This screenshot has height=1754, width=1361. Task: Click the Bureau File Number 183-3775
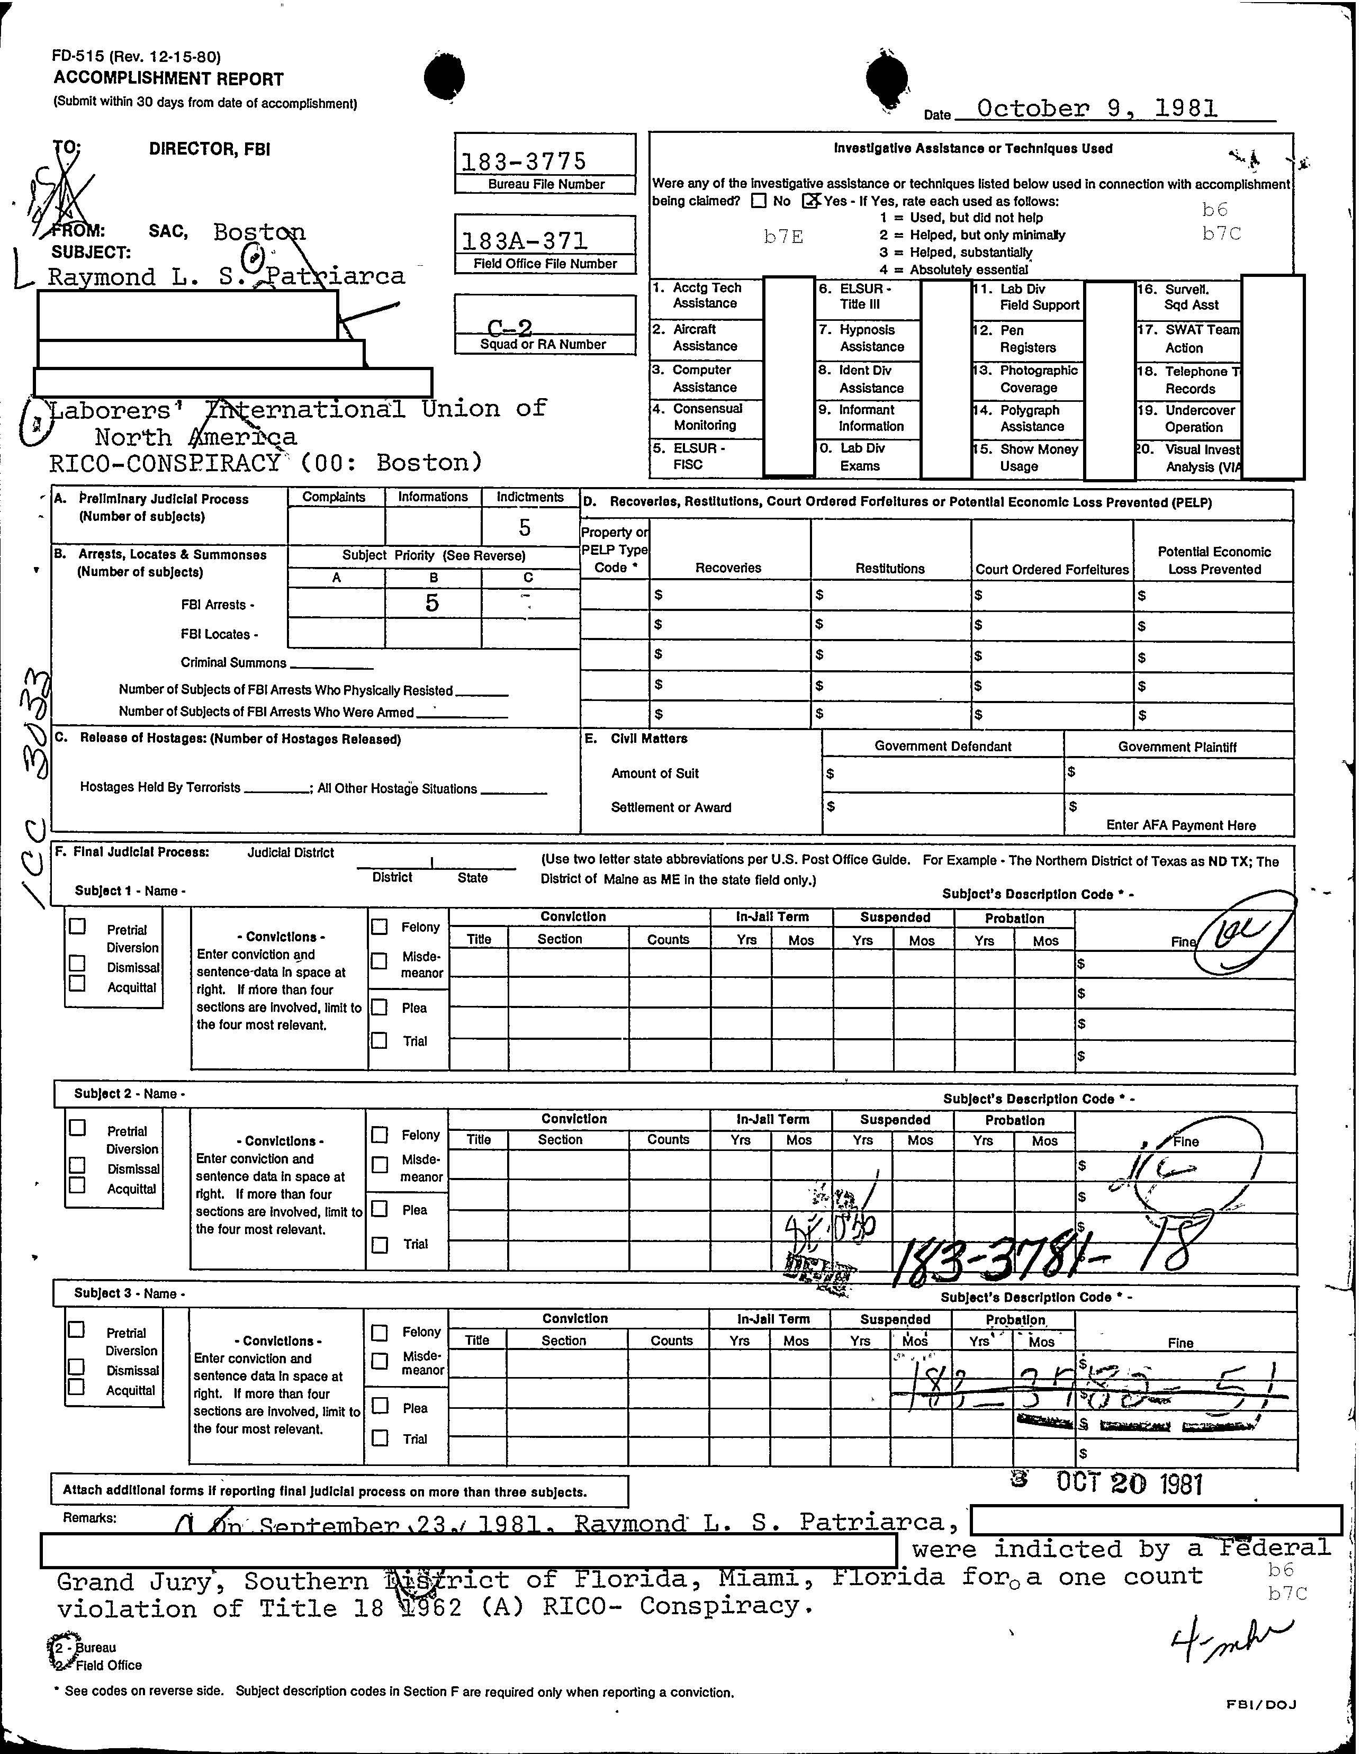pyautogui.click(x=524, y=161)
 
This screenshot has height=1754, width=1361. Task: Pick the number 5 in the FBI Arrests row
pyautogui.click(x=432, y=602)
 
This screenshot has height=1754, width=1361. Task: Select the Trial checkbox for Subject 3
pyautogui.click(x=380, y=1438)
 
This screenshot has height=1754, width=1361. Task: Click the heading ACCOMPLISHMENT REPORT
pyautogui.click(x=169, y=79)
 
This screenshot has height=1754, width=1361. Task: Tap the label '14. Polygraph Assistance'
pyautogui.click(x=1030, y=418)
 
